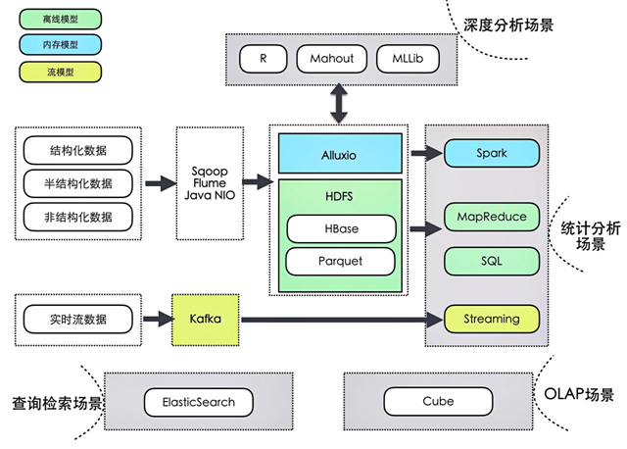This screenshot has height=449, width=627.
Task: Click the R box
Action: tap(264, 58)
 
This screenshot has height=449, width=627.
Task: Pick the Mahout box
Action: tap(332, 58)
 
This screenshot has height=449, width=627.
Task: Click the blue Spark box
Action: tap(492, 154)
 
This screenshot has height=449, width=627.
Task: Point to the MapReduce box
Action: tap(492, 216)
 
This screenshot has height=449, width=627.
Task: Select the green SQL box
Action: tap(492, 261)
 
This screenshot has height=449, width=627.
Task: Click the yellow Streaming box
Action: tap(492, 319)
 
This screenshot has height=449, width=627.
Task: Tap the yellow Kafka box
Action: tap(206, 319)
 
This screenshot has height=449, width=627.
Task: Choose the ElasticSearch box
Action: tap(197, 401)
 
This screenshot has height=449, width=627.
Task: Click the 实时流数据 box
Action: tap(77, 319)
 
